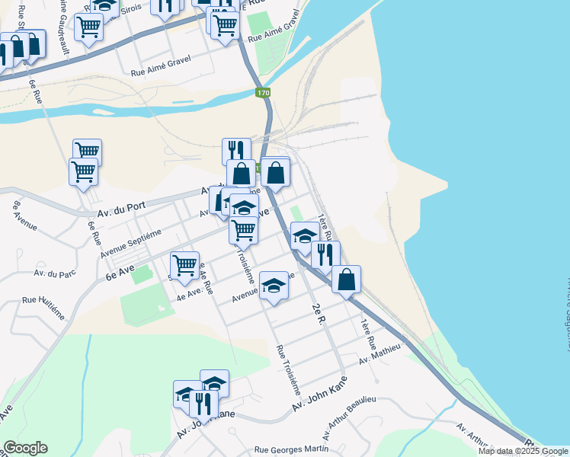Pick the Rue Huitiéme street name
click(x=46, y=301)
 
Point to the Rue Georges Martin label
click(x=286, y=450)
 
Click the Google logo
click(x=25, y=448)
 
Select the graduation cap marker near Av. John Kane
click(x=215, y=382)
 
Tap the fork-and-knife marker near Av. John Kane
click(x=203, y=401)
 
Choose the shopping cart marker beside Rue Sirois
click(x=88, y=27)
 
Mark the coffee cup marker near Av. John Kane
click(x=184, y=393)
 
